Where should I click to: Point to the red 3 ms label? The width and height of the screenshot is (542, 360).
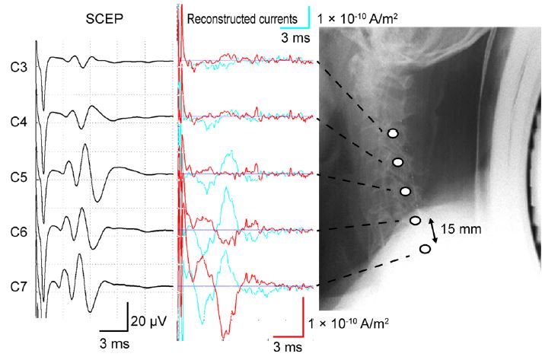coord(288,346)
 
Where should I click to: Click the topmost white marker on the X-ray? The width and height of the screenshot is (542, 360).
coord(393,133)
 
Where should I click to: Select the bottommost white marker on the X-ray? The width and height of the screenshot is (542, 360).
coord(426,249)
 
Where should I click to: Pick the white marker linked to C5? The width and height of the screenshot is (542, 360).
coord(406,191)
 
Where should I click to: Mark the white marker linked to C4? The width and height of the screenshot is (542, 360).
coord(397,162)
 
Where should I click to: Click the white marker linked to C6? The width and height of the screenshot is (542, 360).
coord(416,221)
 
